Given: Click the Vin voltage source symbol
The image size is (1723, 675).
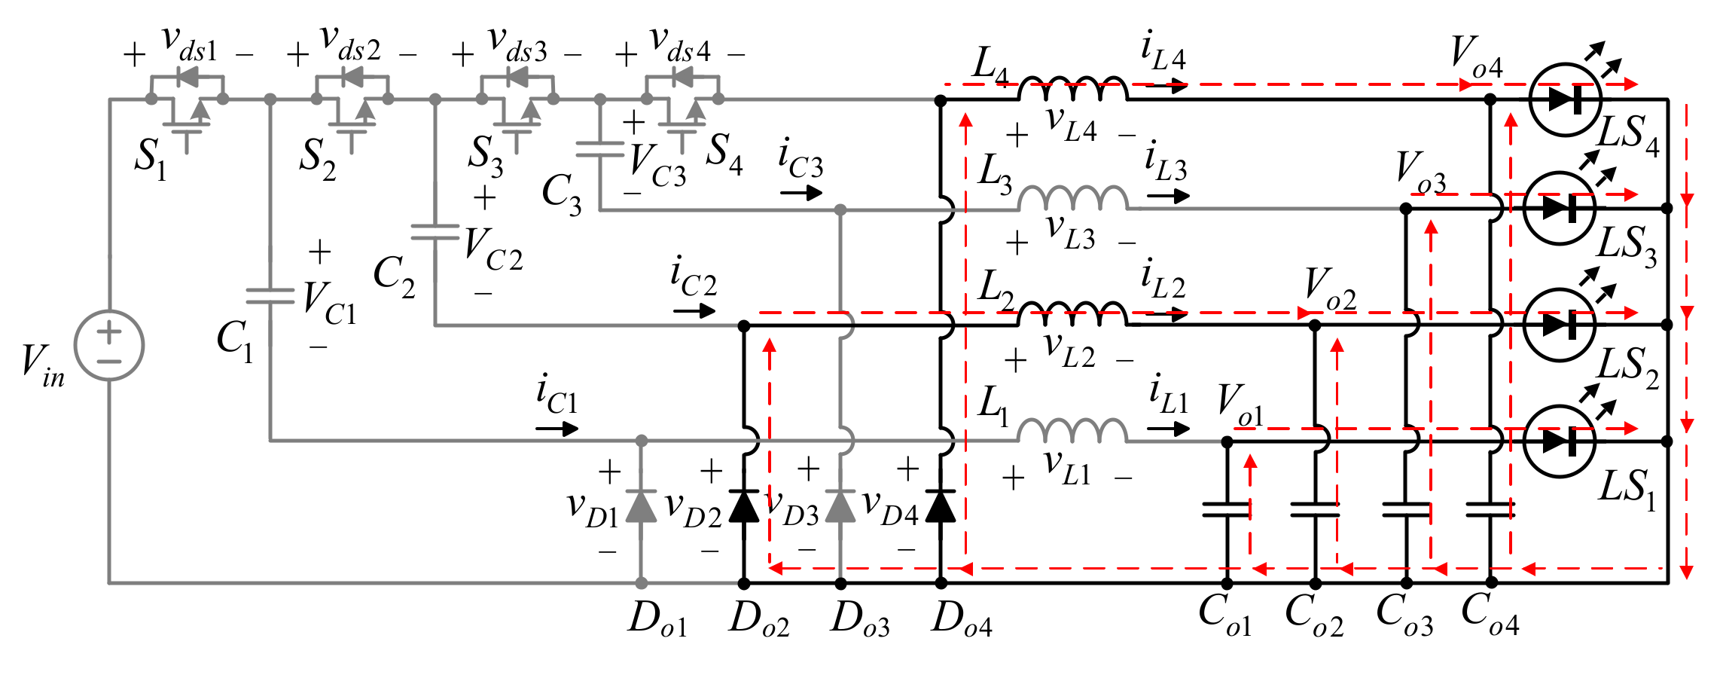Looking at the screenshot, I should pyautogui.click(x=109, y=345).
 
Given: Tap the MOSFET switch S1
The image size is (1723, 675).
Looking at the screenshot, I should pyautogui.click(x=186, y=109).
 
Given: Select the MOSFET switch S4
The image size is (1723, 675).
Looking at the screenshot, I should pyautogui.click(x=682, y=109).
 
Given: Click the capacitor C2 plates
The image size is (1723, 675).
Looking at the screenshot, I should pyautogui.click(x=435, y=232).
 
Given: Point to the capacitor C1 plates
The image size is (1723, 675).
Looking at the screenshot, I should pyautogui.click(x=270, y=296).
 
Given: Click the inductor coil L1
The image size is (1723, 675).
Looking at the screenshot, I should pyautogui.click(x=1072, y=432).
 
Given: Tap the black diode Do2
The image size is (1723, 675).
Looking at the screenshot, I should pyautogui.click(x=744, y=506).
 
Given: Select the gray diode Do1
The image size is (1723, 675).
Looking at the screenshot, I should pyautogui.click(x=641, y=506).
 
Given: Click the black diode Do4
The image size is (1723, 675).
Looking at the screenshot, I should pyautogui.click(x=940, y=506).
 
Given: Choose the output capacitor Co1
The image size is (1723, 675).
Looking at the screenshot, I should pyautogui.click(x=1226, y=510).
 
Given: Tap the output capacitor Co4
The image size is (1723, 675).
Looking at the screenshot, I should pyautogui.click(x=1490, y=510).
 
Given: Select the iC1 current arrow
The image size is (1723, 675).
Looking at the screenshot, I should pyautogui.click(x=557, y=429).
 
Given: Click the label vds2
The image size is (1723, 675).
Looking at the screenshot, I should pyautogui.click(x=350, y=44).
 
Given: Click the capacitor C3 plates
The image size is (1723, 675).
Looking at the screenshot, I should pyautogui.click(x=599, y=149).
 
